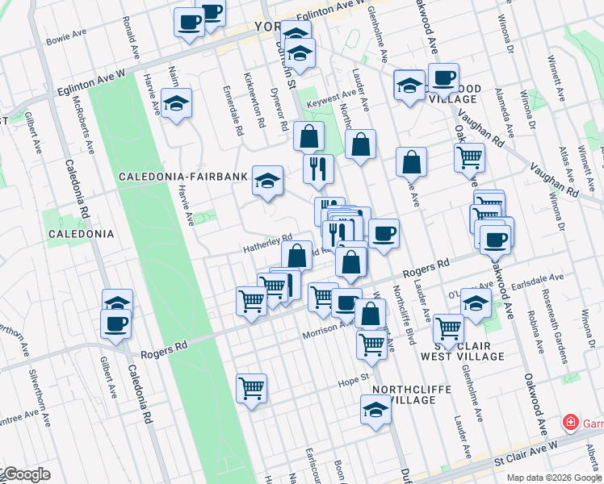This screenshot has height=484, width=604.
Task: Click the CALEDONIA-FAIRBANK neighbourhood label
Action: [x=181, y=176]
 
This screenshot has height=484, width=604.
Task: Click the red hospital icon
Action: [x=570, y=423]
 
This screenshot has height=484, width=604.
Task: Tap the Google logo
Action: [x=26, y=474]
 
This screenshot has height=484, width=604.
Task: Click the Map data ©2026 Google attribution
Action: [x=553, y=478]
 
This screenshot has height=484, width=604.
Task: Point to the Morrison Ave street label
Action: [x=325, y=331]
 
